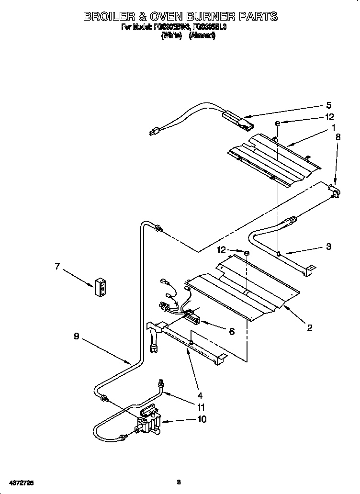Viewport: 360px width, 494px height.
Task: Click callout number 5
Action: point(328,106)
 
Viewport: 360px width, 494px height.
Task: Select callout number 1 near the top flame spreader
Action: point(332,128)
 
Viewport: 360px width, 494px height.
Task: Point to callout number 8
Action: point(338,137)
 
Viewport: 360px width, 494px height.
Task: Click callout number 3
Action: point(328,247)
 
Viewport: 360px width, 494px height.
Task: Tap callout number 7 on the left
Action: point(57,267)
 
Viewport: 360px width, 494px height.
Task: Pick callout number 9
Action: point(77,337)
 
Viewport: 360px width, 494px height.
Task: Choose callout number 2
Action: point(310,328)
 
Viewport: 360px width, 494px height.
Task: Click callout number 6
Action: point(232,331)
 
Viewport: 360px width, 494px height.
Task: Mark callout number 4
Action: point(200,395)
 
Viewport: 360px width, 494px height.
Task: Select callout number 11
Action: point(202,408)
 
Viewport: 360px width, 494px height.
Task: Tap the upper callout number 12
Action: point(329,117)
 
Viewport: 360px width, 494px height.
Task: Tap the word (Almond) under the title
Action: point(202,35)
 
